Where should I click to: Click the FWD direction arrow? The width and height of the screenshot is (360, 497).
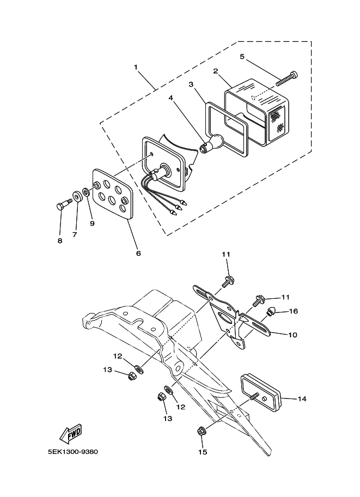pos(71,433)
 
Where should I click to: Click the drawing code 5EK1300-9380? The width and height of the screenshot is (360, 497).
pos(73,452)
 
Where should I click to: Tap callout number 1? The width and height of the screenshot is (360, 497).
pos(136,67)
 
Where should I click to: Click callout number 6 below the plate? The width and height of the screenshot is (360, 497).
pos(138,253)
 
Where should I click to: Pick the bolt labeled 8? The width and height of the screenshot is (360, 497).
pos(64,204)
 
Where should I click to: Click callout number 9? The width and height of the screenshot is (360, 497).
pos(92,224)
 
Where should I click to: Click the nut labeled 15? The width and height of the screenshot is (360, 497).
pos(200,431)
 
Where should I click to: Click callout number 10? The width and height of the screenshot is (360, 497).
pos(293,335)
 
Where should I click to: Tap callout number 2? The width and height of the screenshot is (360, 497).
pos(215,71)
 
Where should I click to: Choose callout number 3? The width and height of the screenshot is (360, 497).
pos(191,84)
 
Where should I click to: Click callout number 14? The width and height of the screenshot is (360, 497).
pos(302,398)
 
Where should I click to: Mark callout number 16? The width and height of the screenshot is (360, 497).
pos(294,311)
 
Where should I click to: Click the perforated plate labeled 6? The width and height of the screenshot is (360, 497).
pos(112,194)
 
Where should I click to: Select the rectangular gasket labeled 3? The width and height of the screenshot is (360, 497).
pos(226,130)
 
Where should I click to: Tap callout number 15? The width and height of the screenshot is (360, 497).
pos(203,452)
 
